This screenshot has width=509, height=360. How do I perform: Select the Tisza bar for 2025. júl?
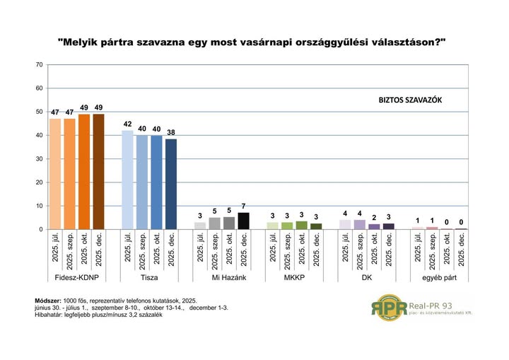127,180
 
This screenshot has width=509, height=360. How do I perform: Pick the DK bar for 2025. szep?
359,224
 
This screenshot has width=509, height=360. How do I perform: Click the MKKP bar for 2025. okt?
301,225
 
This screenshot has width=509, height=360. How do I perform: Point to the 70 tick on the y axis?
40,65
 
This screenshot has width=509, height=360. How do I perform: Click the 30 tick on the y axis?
40,159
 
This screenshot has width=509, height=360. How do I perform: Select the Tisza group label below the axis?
149,279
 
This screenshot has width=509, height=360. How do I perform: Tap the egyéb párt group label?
439,279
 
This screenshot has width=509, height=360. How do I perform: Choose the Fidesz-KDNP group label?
76,279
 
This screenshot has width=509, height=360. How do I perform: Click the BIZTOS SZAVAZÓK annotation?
411,101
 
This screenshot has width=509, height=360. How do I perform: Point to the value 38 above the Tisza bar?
171,132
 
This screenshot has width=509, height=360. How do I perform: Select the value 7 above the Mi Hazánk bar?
244,205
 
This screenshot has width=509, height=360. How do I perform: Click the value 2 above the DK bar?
374,216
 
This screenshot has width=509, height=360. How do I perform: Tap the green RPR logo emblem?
390,308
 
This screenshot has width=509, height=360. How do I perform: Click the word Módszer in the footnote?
48,301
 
